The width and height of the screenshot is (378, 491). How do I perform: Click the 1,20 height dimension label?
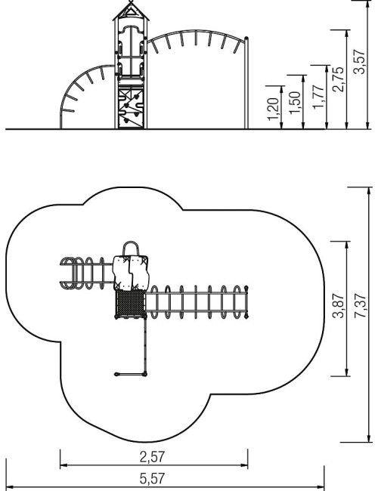tap(274, 109)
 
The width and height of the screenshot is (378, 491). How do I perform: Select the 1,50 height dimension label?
tap(295, 103)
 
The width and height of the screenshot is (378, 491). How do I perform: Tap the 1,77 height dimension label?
tap(318, 97)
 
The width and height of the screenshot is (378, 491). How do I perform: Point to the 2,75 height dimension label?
tap(338, 79)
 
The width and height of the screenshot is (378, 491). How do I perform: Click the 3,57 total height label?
tap(359, 62)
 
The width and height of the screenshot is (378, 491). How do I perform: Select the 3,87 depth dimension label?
tap(338, 306)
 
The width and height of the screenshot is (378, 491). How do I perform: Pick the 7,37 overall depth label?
tap(360, 306)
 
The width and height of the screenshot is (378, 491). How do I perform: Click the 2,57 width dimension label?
tap(152, 457)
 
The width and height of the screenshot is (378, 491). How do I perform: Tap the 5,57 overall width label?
tap(152, 478)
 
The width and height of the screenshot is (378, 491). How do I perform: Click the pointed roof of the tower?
tap(131, 11)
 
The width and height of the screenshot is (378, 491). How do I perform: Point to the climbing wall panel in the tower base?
tap(131, 108)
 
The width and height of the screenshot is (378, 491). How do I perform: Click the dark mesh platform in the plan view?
tap(131, 304)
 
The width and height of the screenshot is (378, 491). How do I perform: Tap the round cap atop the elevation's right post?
tap(246, 39)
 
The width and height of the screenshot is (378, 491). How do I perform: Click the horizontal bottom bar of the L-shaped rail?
tap(131, 374)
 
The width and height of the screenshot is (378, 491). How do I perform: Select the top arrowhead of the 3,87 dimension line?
tap(347, 245)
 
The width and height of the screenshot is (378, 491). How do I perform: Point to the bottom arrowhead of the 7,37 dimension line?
tap(369, 438)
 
